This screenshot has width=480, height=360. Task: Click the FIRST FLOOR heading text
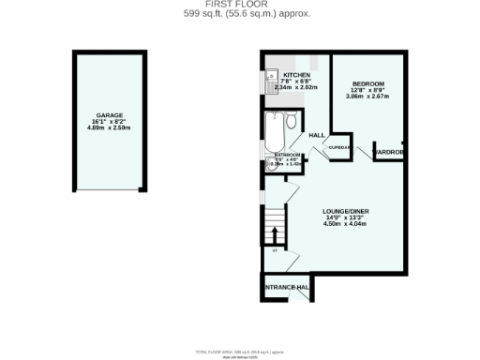pyautogui.click(x=239, y=5)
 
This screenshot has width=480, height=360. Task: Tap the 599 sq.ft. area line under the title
pyautogui.click(x=239, y=14)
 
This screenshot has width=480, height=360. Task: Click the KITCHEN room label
pyautogui.click(x=297, y=74)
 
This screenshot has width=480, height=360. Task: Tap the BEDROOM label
pyautogui.click(x=367, y=83)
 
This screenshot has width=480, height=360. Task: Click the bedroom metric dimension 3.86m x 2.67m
pyautogui.click(x=367, y=97)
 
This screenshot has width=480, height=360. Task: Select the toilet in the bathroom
pyautogui.click(x=292, y=123)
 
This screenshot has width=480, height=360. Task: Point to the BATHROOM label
pyautogui.click(x=288, y=155)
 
